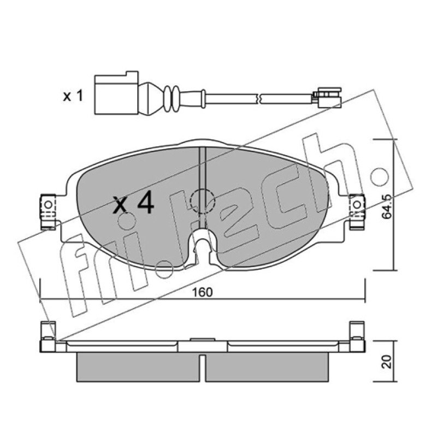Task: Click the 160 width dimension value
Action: click(203, 292)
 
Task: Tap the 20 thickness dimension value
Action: click(387, 362)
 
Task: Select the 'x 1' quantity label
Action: click(73, 96)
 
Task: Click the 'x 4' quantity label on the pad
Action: click(133, 204)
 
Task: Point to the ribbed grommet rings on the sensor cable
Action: click(172, 99)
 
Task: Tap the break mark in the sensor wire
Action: click(259, 98)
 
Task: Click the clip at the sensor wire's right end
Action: click(327, 98)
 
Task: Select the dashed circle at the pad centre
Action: click(202, 201)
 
